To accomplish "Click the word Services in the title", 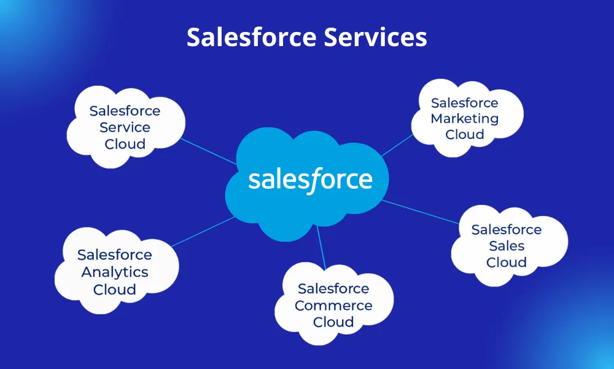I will (x=375, y=38).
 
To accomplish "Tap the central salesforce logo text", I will (x=310, y=180).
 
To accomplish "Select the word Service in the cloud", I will (x=125, y=127).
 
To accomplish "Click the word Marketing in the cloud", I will (x=464, y=119).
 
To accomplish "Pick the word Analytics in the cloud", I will (x=115, y=272).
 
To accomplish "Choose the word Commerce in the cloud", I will (x=333, y=305).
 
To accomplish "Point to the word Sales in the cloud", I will (x=507, y=246).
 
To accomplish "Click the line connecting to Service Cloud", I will (x=209, y=153).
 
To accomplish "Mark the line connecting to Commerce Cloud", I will (x=321, y=246).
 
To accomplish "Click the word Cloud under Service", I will (x=125, y=144).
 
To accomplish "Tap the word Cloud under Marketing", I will (x=464, y=135).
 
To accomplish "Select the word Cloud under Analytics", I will (x=115, y=289).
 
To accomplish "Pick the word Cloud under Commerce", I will (x=333, y=322).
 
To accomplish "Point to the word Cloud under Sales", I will (x=507, y=263).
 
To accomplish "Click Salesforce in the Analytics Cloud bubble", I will (x=115, y=255).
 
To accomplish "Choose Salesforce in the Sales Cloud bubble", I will (x=507, y=229).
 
